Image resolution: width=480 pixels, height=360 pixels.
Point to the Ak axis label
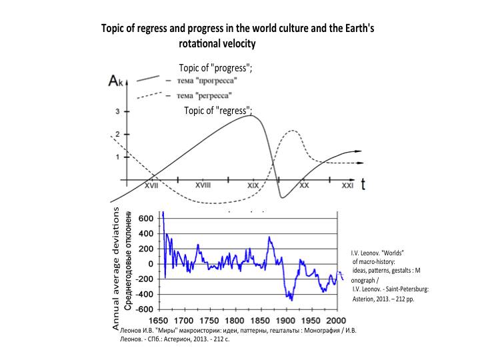pyautogui.click(x=116, y=83)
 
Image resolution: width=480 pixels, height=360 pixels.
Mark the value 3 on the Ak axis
pyautogui.click(x=117, y=112)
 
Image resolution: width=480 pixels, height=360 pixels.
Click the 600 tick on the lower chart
pyautogui.click(x=146, y=218)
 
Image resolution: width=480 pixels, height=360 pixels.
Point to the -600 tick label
pyautogui.click(x=144, y=309)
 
